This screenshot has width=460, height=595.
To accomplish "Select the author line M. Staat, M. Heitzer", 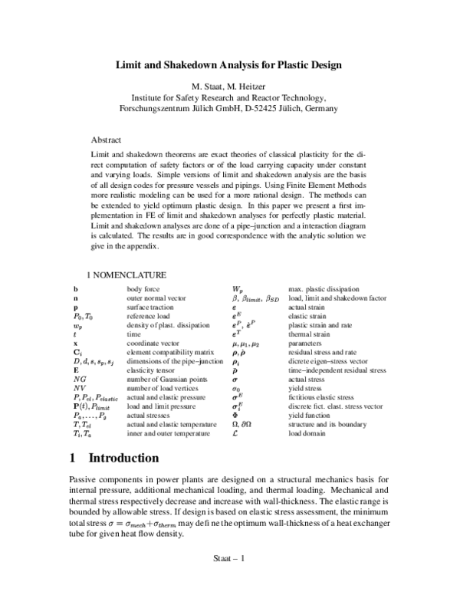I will pyautogui.click(x=229, y=86).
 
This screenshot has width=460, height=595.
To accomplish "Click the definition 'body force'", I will pyautogui.click(x=143, y=288).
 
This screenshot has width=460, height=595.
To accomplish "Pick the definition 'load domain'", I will pyautogui.click(x=305, y=434).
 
